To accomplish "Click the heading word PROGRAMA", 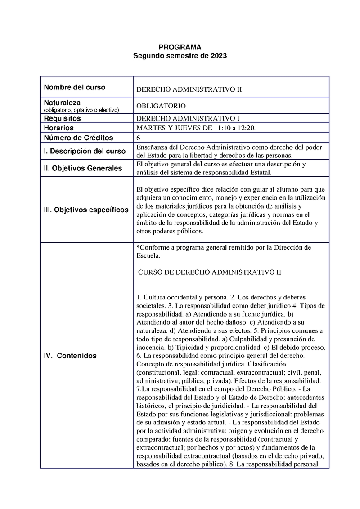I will (180, 47).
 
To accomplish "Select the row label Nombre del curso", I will (74, 87).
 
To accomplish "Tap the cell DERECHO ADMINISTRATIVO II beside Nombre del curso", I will (189, 89).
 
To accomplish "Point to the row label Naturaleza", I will (62, 103).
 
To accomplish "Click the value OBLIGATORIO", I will (161, 106).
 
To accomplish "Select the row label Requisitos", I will (62, 119).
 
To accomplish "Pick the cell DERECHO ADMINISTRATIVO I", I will (188, 119).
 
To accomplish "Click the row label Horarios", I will (58, 128).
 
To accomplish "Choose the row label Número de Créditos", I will (78, 138).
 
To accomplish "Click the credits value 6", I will (138, 138).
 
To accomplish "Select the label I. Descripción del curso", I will (85, 152).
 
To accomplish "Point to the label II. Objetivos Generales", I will (83, 169).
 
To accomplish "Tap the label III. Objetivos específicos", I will (86, 210).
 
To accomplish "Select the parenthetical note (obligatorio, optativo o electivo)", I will (81, 110).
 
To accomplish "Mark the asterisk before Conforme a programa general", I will (137, 247).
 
